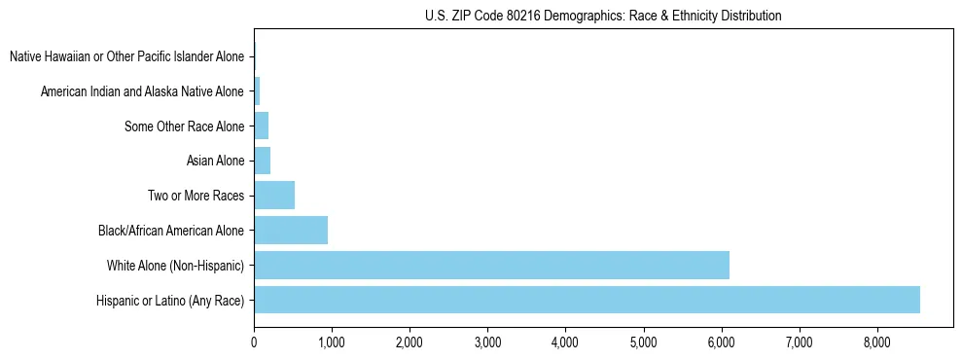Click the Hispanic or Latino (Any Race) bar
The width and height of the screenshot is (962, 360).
(587, 300)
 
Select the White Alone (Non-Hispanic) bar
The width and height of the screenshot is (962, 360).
(491, 265)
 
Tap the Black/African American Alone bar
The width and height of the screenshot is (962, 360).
(291, 231)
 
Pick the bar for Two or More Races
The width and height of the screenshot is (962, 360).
(274, 196)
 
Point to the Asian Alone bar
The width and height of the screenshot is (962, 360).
(262, 161)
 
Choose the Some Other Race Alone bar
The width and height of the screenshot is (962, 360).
(261, 126)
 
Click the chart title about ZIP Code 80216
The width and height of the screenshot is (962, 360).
(603, 17)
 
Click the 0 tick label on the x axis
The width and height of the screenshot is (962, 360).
(254, 342)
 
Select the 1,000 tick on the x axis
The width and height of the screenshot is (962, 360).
(332, 342)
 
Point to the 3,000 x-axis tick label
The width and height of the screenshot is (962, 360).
(487, 342)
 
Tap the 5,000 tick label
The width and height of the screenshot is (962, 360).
(643, 342)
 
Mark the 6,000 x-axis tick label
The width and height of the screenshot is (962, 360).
(721, 342)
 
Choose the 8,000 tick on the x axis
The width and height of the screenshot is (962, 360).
(876, 342)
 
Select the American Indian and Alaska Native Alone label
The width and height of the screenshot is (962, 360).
(142, 92)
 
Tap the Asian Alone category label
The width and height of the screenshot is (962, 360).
(215, 162)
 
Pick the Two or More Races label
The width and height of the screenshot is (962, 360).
(196, 197)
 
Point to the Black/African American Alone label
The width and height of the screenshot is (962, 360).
(171, 232)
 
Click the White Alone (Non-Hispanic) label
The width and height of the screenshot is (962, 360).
(175, 266)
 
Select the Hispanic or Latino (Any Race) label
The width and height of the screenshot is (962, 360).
(170, 301)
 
